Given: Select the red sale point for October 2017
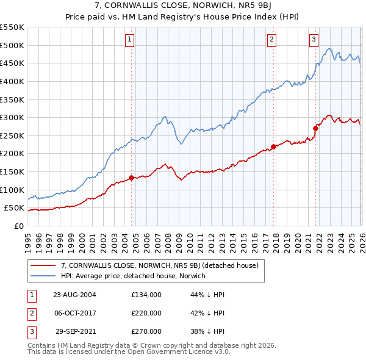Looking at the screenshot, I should [x=273, y=146].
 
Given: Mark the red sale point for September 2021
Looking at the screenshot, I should [x=315, y=128].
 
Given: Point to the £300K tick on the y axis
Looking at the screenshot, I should [x=12, y=117].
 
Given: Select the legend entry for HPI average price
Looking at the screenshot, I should [x=133, y=276].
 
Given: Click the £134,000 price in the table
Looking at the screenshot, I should [x=146, y=294].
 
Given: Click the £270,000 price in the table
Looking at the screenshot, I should [x=146, y=332].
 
